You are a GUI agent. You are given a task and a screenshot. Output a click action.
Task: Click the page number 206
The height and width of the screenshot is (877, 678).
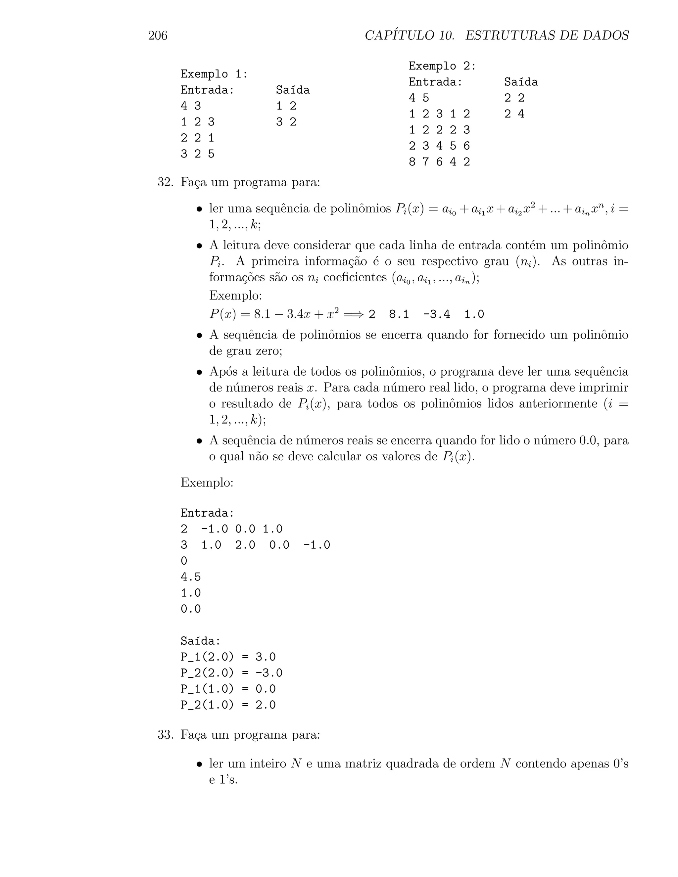158,36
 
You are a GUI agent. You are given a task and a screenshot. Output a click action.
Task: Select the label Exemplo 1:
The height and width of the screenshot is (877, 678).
214,74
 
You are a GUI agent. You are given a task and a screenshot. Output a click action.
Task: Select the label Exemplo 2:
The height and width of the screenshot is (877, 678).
442,66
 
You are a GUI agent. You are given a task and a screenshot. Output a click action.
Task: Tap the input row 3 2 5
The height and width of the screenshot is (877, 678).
198,154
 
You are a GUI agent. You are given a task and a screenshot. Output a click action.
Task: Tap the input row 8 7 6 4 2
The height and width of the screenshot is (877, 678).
439,162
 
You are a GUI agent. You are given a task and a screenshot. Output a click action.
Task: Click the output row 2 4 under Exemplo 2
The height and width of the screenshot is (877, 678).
514,114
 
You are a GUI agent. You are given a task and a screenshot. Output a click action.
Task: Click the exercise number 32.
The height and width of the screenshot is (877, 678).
165,182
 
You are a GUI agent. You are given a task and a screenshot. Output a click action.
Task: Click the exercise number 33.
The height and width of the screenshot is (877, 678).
165,735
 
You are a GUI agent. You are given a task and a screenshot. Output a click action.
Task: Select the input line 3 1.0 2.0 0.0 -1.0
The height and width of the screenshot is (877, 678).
256,545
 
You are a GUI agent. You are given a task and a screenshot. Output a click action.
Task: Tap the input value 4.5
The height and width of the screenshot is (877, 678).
191,577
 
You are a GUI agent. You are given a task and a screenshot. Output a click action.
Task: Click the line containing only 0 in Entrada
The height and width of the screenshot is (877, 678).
184,561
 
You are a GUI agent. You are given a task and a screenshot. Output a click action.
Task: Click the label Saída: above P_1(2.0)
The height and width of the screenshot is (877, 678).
200,641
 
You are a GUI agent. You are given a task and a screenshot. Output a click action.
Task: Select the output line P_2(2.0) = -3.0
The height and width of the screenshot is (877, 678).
231,673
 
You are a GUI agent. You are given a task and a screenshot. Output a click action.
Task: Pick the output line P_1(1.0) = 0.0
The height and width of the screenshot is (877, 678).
228,689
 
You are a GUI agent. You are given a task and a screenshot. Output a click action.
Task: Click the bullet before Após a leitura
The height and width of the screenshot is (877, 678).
199,372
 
